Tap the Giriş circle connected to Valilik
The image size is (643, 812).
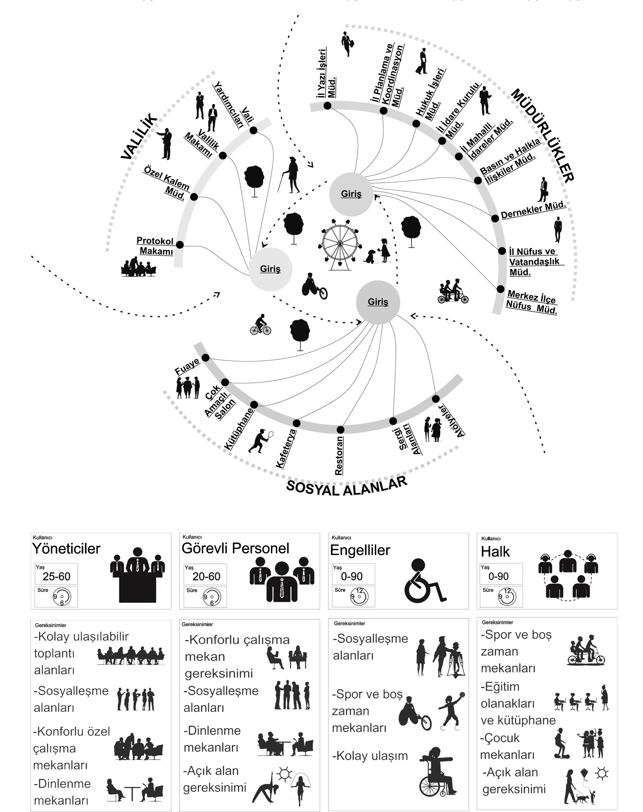click(x=270, y=269)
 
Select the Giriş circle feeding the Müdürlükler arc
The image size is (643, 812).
click(x=351, y=194)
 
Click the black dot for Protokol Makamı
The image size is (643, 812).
click(x=180, y=245)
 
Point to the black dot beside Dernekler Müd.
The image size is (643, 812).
click(x=495, y=218)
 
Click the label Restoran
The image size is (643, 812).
click(x=339, y=456)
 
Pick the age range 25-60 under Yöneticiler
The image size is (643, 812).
click(x=57, y=577)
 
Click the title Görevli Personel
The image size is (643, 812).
click(x=235, y=548)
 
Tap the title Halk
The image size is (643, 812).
click(x=495, y=552)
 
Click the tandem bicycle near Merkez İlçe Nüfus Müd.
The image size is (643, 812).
click(x=453, y=292)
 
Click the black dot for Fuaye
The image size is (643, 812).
click(x=205, y=357)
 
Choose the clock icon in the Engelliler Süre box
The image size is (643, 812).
click(x=359, y=597)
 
